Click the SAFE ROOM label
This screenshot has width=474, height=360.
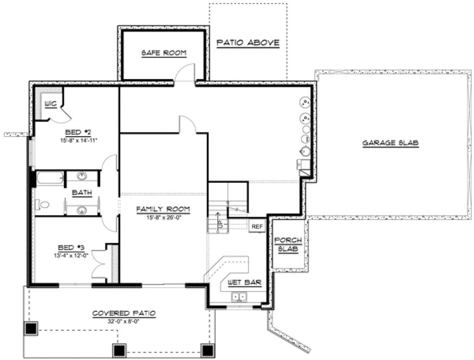point(164,53)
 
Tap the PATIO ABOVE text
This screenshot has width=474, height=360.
point(248,42)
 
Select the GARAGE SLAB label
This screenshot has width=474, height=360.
point(391,143)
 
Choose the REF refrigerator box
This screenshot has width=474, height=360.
point(256,226)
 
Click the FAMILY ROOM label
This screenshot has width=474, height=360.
point(163,209)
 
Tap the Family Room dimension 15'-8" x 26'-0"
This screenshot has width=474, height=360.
point(163,217)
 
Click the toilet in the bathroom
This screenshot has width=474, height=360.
point(42,205)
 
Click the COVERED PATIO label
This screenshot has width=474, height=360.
point(124,313)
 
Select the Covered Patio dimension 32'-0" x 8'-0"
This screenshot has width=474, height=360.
point(124,321)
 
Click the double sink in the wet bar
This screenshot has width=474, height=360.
point(239,297)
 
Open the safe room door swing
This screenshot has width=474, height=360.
point(185,73)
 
